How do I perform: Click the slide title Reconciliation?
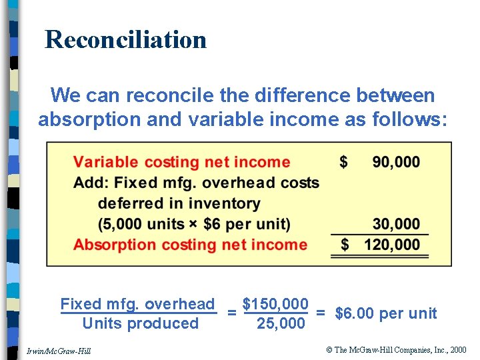click(125, 39)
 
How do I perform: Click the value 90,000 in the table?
click(396, 162)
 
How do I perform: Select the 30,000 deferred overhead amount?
click(396, 224)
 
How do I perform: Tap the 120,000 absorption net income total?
click(392, 245)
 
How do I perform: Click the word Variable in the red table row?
click(106, 162)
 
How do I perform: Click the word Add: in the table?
click(91, 183)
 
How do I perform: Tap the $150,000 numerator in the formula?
click(275, 304)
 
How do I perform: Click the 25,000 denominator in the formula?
click(281, 324)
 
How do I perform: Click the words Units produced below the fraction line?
click(140, 324)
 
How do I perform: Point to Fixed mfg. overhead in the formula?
click(137, 305)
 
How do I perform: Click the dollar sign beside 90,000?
click(343, 162)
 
